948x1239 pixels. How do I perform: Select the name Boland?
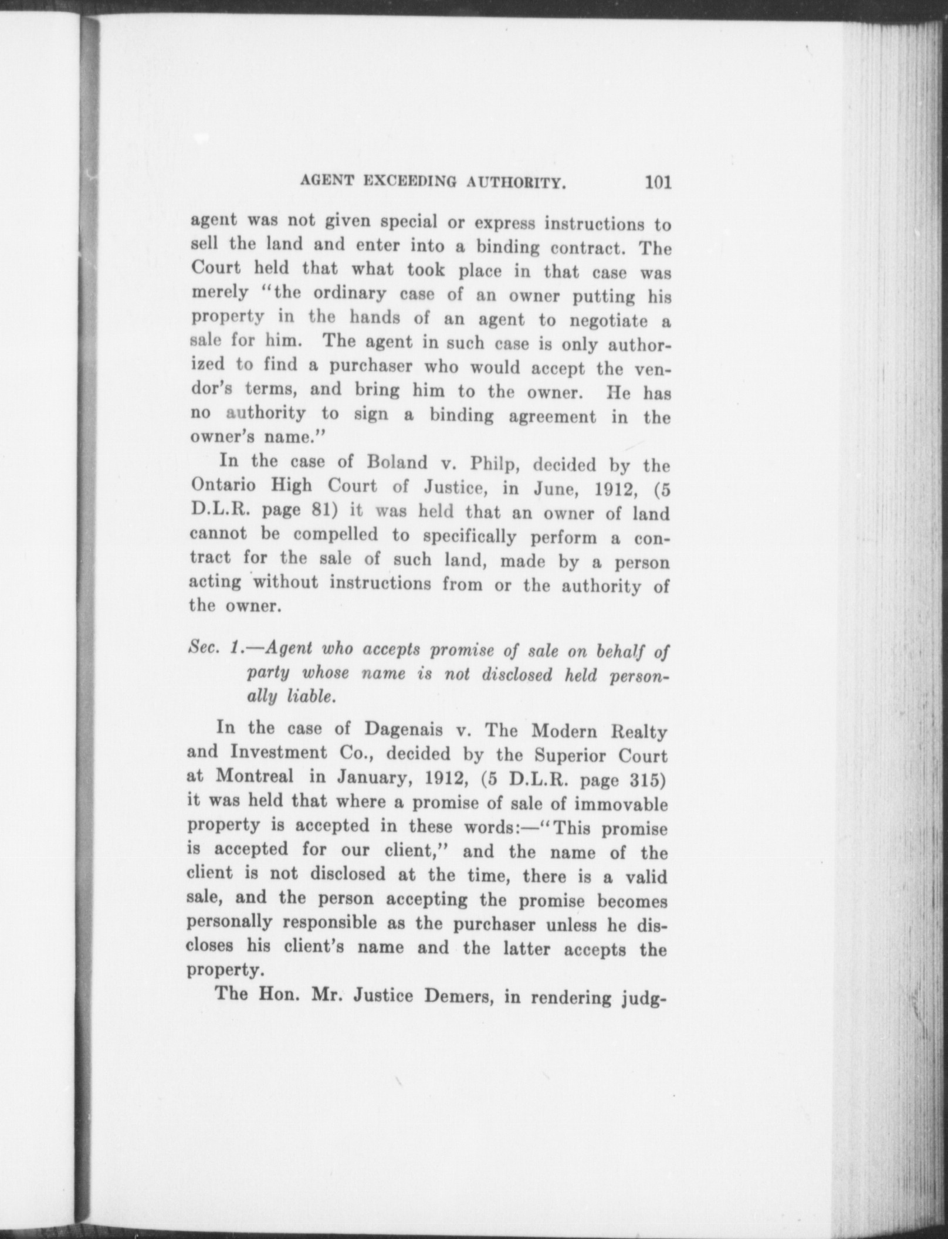tap(397, 462)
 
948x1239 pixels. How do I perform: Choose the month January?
tap(372, 777)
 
